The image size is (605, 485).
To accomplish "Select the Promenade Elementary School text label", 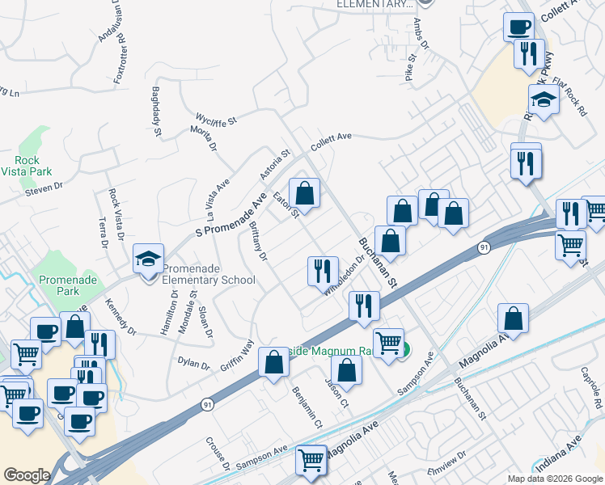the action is pos(209,274).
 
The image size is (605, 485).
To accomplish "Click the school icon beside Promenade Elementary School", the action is pos(149,259).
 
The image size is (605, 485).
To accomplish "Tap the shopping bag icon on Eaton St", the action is pos(305,194).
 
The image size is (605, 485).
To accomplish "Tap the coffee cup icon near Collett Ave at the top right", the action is pos(518,27).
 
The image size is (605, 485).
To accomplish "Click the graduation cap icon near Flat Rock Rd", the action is pos(544,100).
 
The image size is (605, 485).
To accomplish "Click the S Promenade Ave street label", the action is pos(232,213).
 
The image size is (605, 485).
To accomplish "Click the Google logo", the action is pos(27,475).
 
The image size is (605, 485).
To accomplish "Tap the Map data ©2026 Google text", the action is pos(554,479).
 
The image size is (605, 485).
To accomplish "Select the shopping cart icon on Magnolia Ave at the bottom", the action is pos(311,461).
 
